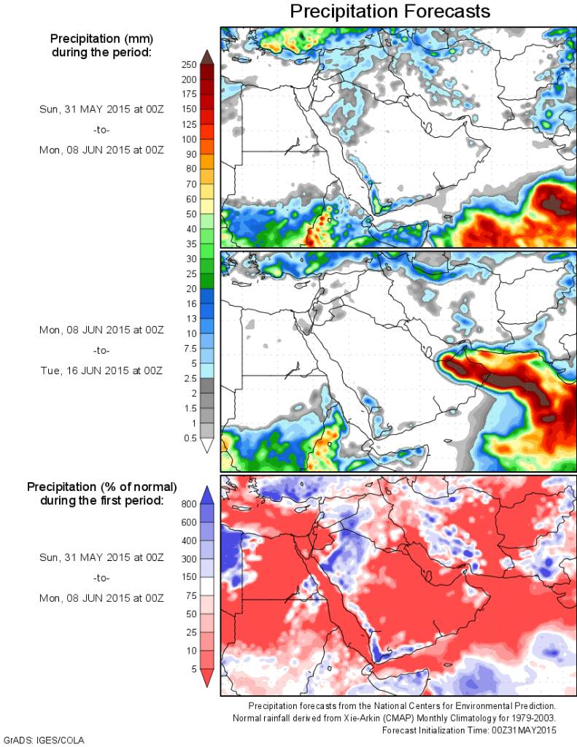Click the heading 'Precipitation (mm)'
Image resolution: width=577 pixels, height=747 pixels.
click(x=101, y=39)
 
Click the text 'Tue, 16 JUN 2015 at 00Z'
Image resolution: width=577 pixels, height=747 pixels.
click(x=101, y=371)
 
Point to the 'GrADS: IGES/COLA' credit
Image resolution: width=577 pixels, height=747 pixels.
click(x=44, y=740)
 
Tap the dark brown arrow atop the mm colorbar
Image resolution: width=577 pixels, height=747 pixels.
click(x=206, y=57)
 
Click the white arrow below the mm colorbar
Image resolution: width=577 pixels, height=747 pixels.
click(x=206, y=446)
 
